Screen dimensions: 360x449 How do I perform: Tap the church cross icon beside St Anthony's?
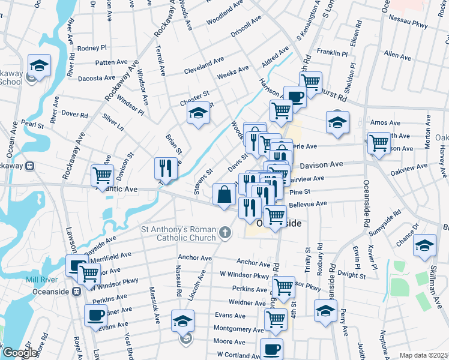[225, 232]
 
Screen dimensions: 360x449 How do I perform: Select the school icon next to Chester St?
[197, 113]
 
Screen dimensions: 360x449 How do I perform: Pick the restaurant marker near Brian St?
[166, 168]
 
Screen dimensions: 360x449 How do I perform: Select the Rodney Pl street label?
[92, 47]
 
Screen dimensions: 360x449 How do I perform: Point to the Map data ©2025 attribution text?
[423, 355]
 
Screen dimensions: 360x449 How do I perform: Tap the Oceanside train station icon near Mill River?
[76, 292]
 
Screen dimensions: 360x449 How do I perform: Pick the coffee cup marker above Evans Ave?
[95, 314]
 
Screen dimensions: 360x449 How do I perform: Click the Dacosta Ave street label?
[96, 78]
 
